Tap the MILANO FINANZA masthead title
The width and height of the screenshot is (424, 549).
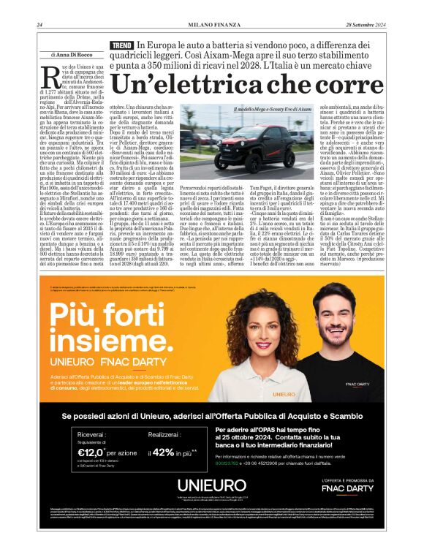(x=211, y=24)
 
